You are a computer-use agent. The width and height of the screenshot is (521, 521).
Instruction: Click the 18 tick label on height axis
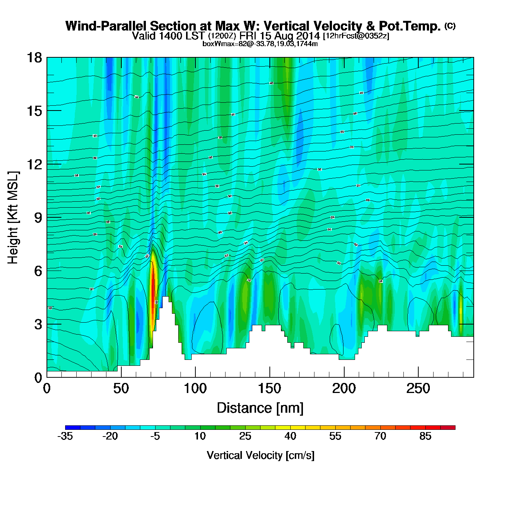[34, 58]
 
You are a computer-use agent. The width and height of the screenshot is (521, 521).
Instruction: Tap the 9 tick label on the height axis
[38, 218]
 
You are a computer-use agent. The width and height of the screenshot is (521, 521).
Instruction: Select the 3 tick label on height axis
[38, 324]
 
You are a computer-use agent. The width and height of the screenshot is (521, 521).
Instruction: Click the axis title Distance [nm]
[260, 408]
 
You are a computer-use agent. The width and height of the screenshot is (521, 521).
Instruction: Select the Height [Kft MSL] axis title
[13, 218]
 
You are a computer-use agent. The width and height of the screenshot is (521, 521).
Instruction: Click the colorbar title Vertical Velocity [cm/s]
[260, 456]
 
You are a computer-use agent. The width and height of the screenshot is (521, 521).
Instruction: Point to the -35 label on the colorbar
[65, 436]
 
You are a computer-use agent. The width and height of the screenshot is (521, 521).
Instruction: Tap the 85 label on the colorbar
[425, 436]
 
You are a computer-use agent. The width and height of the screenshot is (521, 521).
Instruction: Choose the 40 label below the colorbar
[290, 436]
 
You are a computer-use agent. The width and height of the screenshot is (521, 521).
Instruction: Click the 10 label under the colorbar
[200, 436]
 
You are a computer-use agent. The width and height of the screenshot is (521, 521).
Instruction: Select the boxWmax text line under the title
[260, 44]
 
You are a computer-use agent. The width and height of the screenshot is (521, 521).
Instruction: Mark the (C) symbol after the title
[450, 26]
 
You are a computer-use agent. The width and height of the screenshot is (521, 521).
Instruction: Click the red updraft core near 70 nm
[153, 290]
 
